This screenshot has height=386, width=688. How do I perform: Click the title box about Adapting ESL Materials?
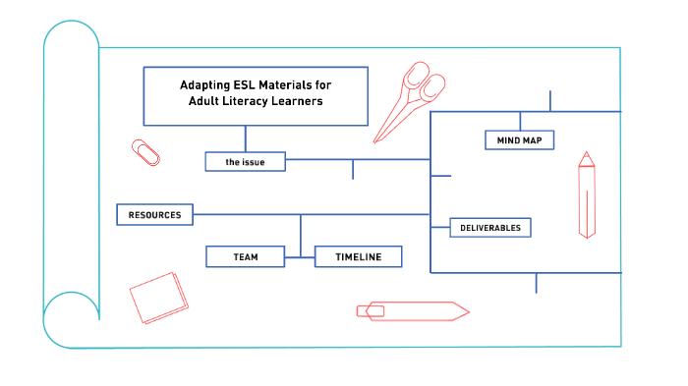[x=256, y=95]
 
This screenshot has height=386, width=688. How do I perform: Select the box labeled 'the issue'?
[x=245, y=161]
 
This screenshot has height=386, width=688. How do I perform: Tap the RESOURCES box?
[x=154, y=214]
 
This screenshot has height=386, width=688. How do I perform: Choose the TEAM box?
[x=246, y=256]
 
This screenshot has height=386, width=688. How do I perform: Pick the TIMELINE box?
[x=358, y=256]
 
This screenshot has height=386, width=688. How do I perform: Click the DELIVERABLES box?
[x=489, y=228]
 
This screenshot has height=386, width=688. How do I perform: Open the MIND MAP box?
[x=519, y=140]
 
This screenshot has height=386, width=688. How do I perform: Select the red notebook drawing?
[x=157, y=298]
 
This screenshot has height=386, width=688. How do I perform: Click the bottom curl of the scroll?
[x=71, y=319]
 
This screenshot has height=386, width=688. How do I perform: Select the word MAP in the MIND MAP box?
[x=532, y=140]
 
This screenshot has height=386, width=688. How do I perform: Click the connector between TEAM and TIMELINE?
[x=300, y=256]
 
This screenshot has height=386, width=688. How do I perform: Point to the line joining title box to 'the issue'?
[x=246, y=138]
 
